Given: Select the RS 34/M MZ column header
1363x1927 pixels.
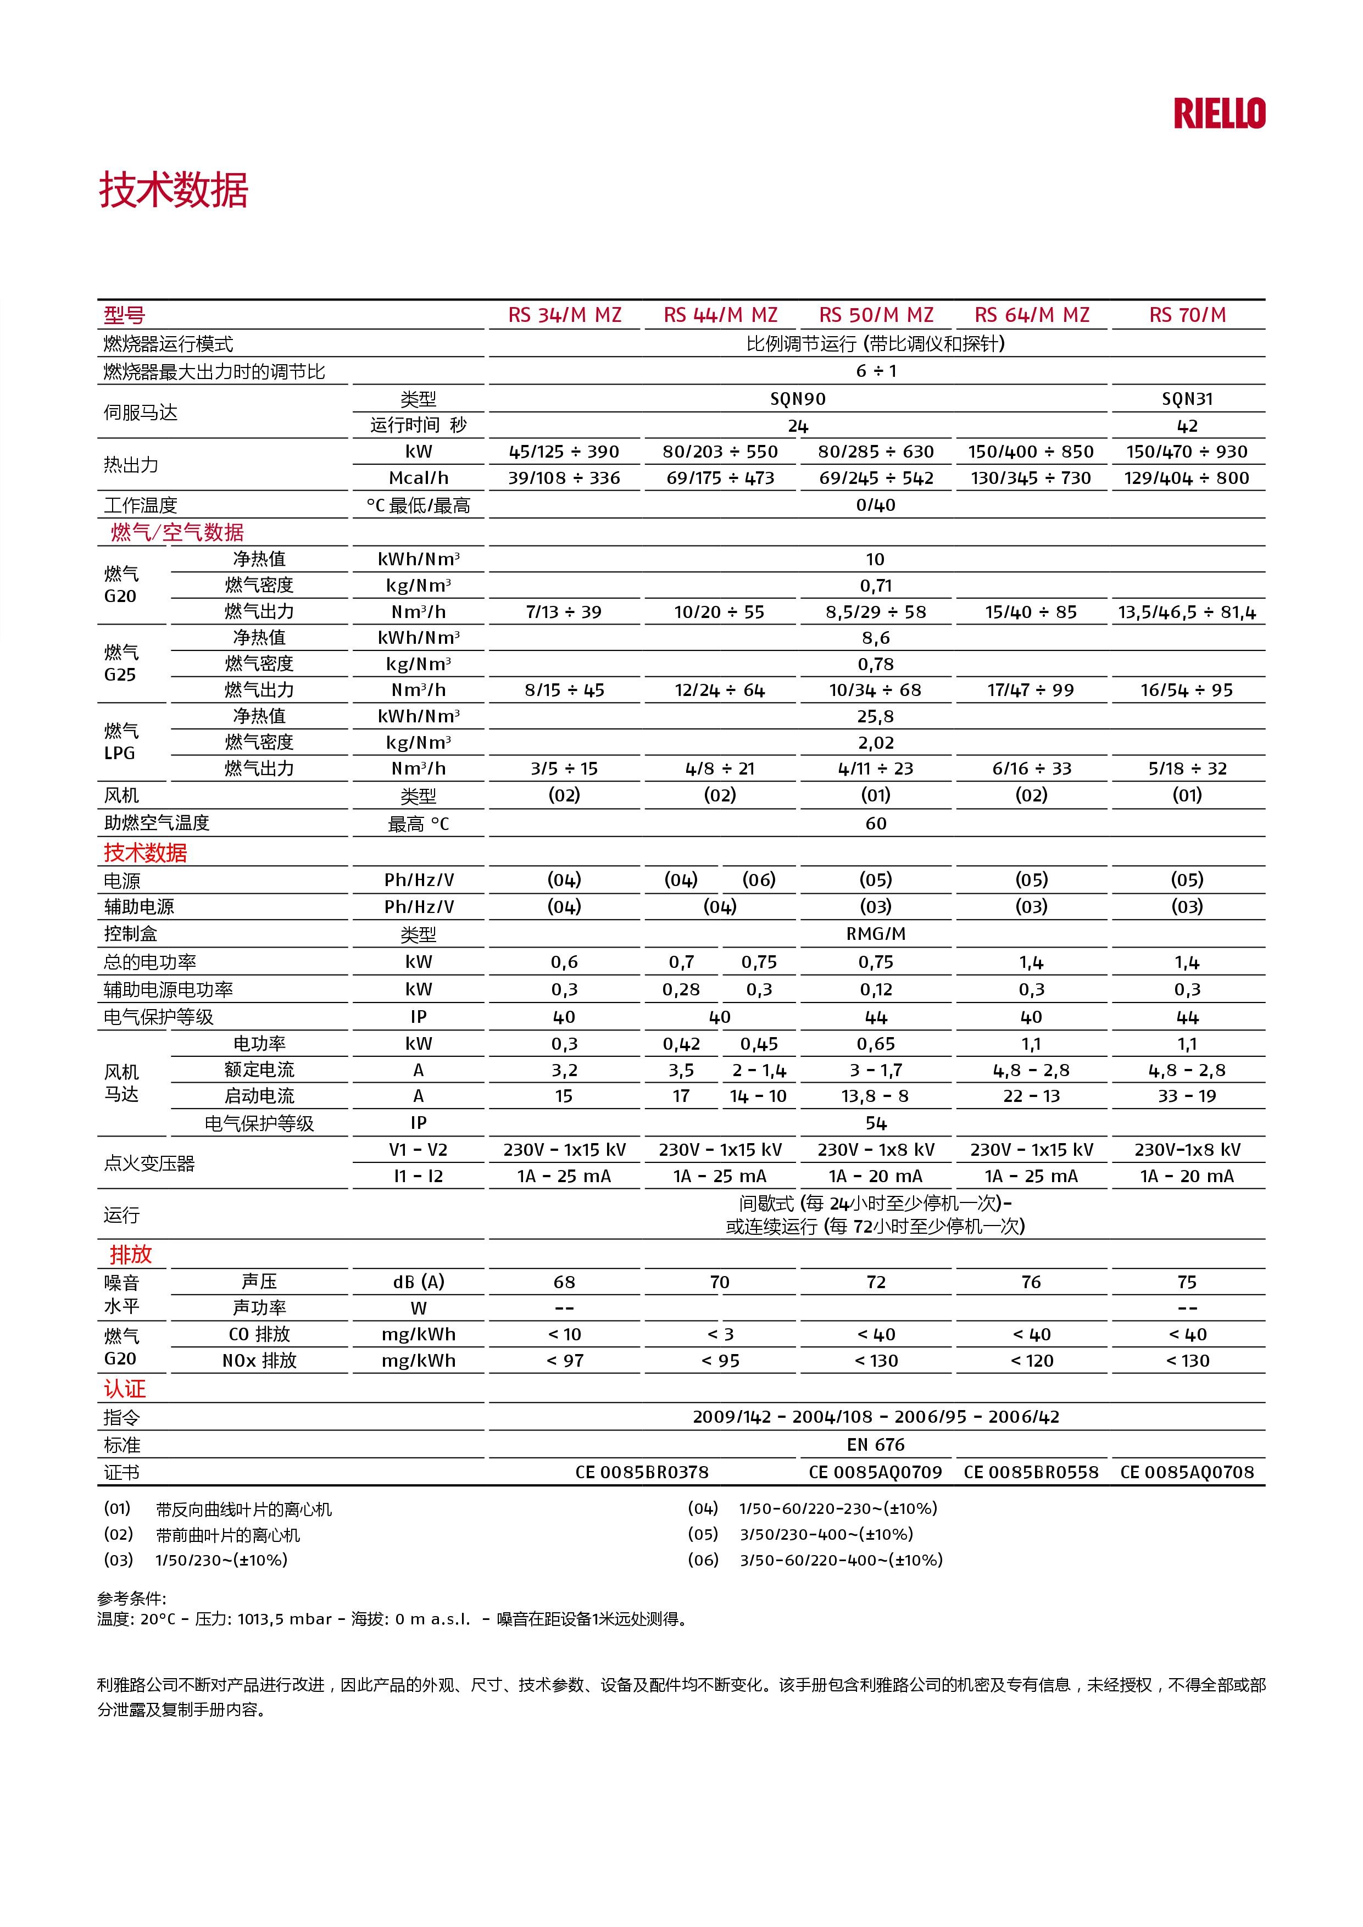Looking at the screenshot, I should pos(564,315).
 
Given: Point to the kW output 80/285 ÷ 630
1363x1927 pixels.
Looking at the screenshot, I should pos(875,452).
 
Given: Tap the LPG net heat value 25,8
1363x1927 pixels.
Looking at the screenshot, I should pos(875,716).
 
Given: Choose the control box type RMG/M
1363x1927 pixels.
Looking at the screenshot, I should pos(875,933).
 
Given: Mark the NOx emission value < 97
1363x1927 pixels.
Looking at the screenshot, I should pos(564,1361).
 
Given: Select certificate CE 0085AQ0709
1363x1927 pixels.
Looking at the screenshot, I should pos(875,1472).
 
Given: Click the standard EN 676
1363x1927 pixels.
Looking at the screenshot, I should pos(875,1444).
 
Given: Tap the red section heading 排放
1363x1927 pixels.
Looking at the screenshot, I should pos(130,1255).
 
